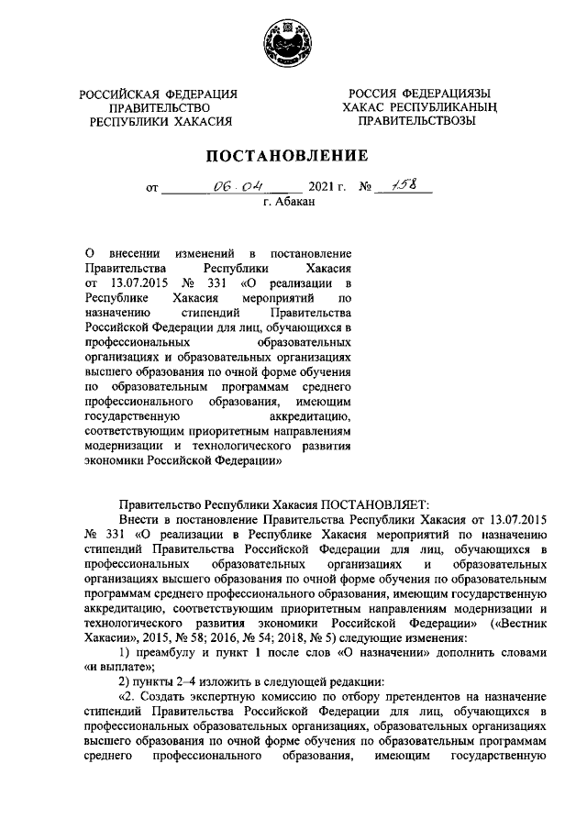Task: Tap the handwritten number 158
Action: tap(403, 186)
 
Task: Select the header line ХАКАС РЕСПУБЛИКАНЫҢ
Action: tap(421, 107)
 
